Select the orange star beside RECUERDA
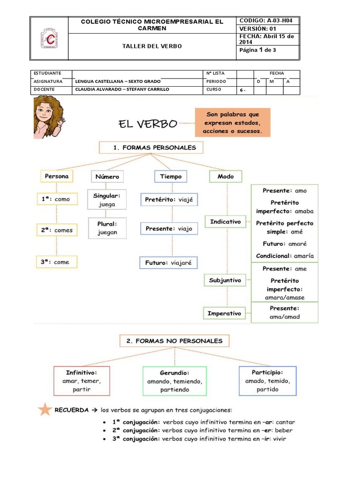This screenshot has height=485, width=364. click(45, 409)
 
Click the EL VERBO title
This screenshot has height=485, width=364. click(147, 124)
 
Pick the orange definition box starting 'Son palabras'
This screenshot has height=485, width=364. click(232, 122)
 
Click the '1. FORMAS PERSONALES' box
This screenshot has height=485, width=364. click(151, 147)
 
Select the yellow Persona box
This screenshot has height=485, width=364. click(56, 176)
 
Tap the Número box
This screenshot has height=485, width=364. click(107, 177)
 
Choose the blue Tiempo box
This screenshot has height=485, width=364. click(171, 177)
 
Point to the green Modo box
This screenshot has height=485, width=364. click(226, 177)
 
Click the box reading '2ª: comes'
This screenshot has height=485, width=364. click(56, 230)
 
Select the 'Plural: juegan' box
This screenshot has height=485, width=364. click(107, 228)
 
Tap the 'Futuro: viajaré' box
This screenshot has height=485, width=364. click(168, 262)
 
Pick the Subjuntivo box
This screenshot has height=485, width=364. click(225, 280)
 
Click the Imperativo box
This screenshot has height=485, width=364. click(225, 313)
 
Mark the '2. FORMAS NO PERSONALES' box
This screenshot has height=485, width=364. click(175, 341)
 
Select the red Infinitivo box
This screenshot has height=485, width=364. click(82, 381)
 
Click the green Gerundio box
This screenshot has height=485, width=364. click(174, 381)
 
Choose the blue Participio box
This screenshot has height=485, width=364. click(267, 380)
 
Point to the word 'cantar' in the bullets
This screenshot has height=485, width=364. click(285, 422)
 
